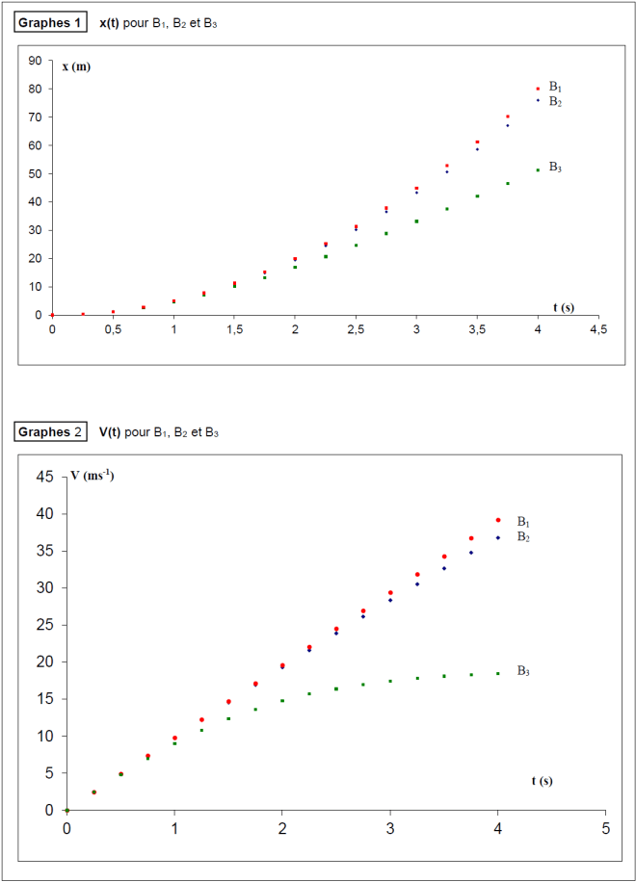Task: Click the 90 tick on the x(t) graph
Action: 35,61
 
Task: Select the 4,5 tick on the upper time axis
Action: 597,328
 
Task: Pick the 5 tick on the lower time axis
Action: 605,828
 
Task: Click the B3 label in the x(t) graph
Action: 555,167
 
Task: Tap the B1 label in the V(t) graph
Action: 523,520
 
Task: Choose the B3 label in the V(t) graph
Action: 523,670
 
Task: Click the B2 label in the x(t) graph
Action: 555,101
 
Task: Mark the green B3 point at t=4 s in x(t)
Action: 538,170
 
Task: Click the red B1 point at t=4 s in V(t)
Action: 498,520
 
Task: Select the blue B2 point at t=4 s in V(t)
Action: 498,537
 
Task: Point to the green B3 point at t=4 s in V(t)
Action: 498,673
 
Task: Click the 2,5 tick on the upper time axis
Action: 356,328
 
